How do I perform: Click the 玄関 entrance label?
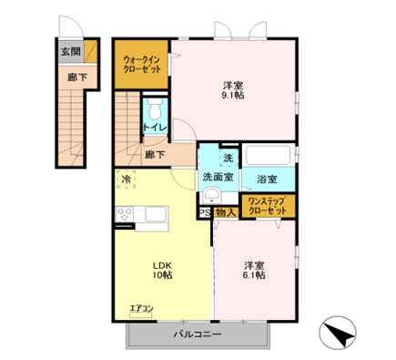click(x=70, y=52)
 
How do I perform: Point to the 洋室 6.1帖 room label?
click(x=254, y=271)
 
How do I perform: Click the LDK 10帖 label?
click(x=162, y=271)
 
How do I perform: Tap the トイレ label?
click(x=155, y=128)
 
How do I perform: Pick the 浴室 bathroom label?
click(x=266, y=178)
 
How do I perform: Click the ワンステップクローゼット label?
click(x=268, y=205)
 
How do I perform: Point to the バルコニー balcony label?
click(x=198, y=335)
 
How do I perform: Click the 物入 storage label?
click(x=226, y=213)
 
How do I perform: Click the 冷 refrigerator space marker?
click(x=126, y=180)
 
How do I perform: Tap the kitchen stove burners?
click(x=125, y=216)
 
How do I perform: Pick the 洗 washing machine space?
click(x=228, y=157)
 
